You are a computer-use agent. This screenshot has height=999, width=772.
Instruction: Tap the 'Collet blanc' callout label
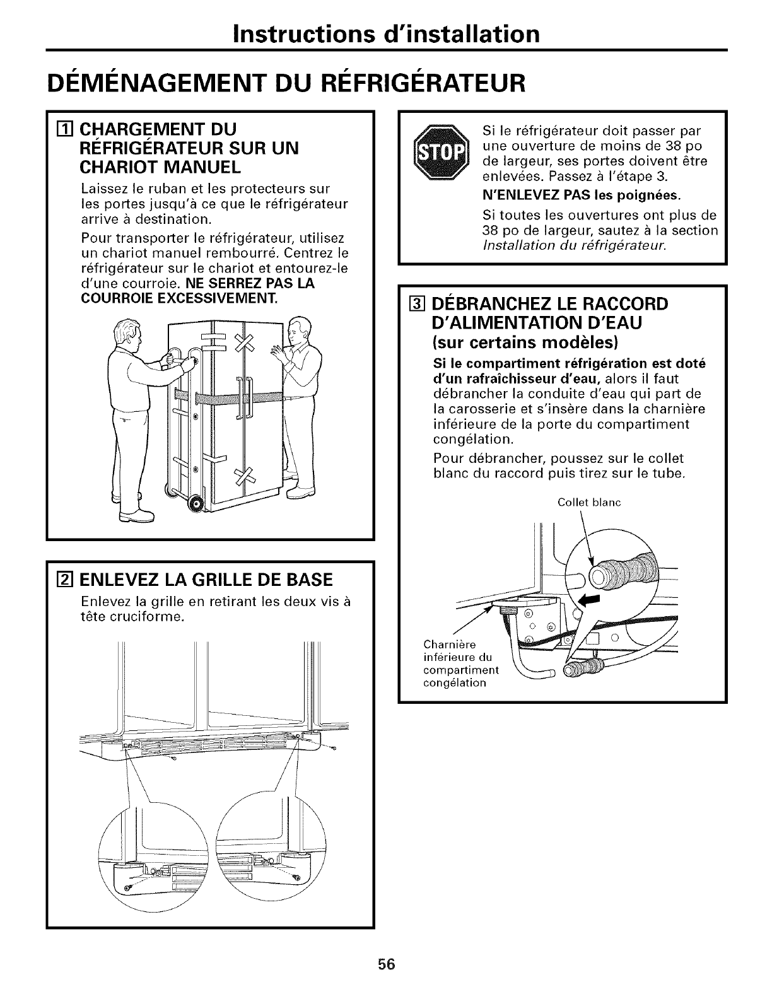[x=590, y=503]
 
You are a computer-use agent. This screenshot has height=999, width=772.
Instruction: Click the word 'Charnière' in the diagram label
[x=450, y=645]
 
